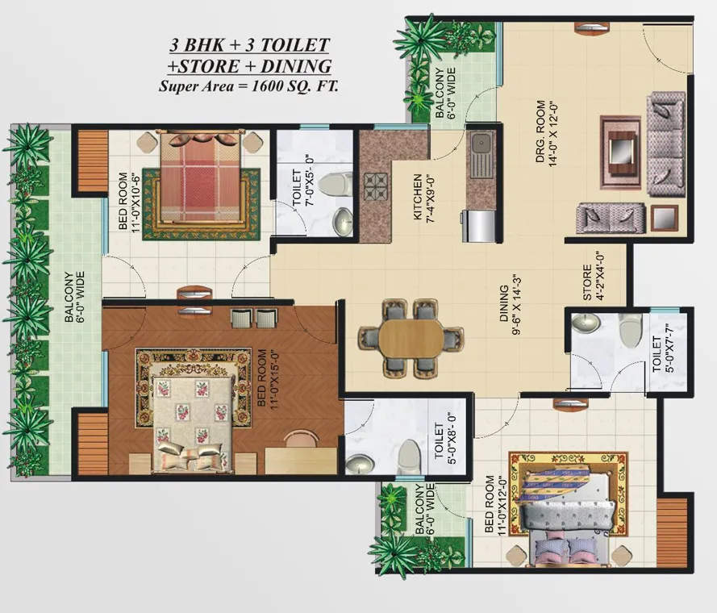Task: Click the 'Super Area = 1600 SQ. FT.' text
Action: (x=248, y=86)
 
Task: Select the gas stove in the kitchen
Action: (x=376, y=186)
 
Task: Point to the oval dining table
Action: (x=411, y=339)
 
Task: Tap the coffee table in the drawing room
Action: (x=620, y=152)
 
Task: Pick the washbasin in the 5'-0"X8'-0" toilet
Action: (x=361, y=465)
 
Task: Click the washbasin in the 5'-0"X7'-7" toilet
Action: (x=586, y=323)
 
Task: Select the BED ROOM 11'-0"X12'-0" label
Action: (x=495, y=505)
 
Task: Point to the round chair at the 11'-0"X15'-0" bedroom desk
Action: (x=301, y=438)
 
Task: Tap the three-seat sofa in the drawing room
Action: (x=666, y=144)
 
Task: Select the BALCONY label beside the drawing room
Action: (x=440, y=93)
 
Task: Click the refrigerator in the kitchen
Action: (x=479, y=226)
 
